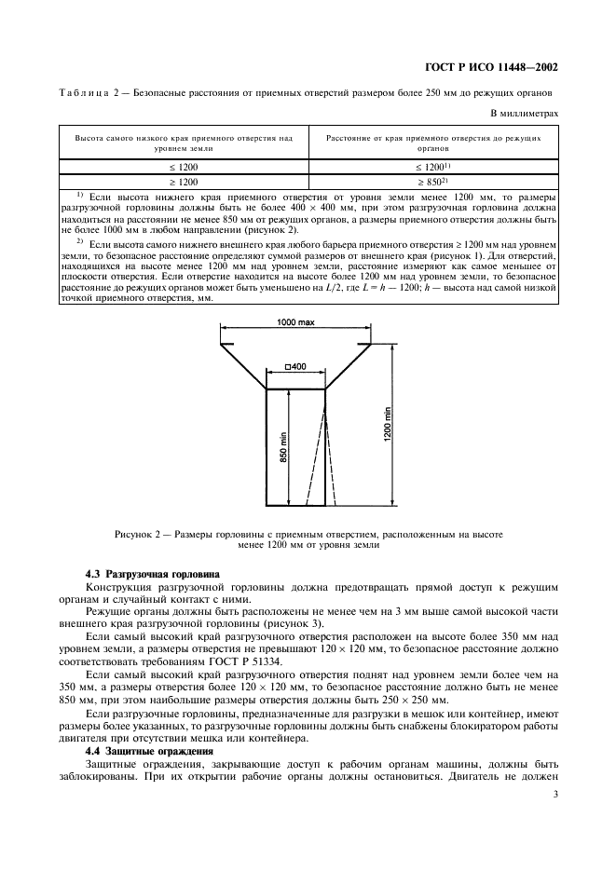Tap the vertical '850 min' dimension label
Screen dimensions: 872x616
282,448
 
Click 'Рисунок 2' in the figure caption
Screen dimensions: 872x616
142,535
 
